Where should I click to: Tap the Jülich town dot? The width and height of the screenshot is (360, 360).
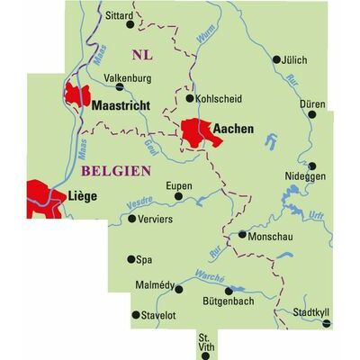[277, 59]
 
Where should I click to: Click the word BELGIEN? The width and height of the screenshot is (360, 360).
[115, 169]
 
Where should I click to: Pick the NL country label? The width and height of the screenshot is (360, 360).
[142, 54]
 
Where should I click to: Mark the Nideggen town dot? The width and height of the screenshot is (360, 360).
[311, 166]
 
